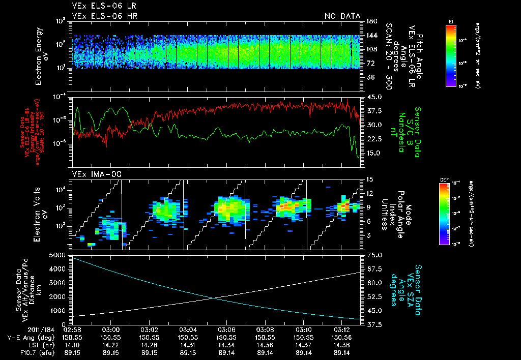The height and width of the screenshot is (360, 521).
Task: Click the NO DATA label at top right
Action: pyautogui.click(x=342, y=16)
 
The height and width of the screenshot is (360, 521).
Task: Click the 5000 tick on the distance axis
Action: pyautogui.click(x=59, y=255)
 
